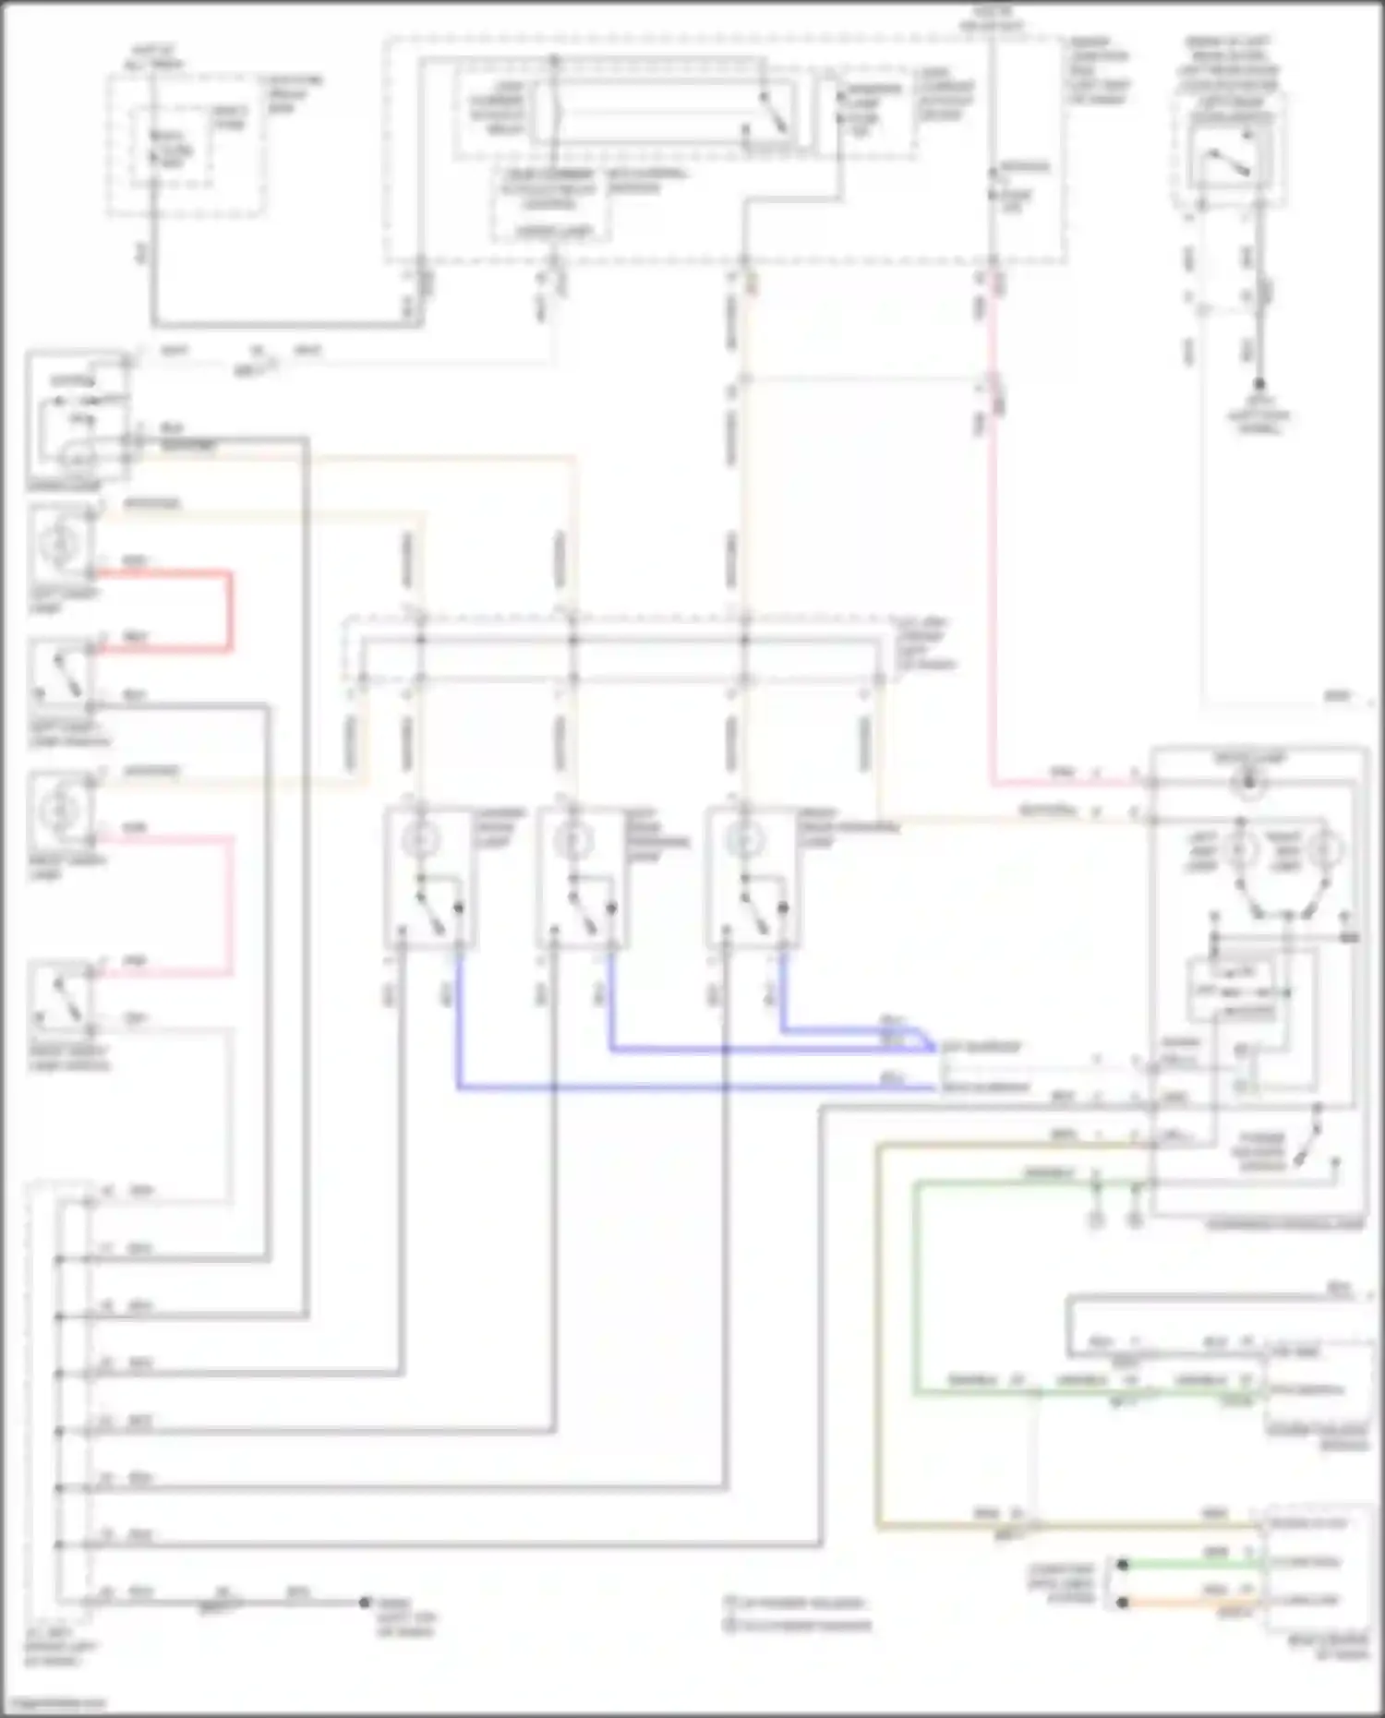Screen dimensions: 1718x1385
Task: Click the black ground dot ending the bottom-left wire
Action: tap(366, 1603)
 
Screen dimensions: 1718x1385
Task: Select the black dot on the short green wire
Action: tap(1122, 1564)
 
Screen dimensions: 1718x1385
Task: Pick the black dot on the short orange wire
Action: tap(1122, 1603)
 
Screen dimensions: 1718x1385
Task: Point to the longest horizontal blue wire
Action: tap(692, 1088)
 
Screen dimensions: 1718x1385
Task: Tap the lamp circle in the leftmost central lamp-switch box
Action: tap(421, 841)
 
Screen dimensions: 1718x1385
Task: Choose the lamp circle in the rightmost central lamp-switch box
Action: tap(742, 841)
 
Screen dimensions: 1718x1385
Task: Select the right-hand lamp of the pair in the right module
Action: tap(1328, 849)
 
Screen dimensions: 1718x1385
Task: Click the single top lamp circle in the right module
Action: tap(1248, 783)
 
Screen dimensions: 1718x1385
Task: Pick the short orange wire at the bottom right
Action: tap(1191, 1603)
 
